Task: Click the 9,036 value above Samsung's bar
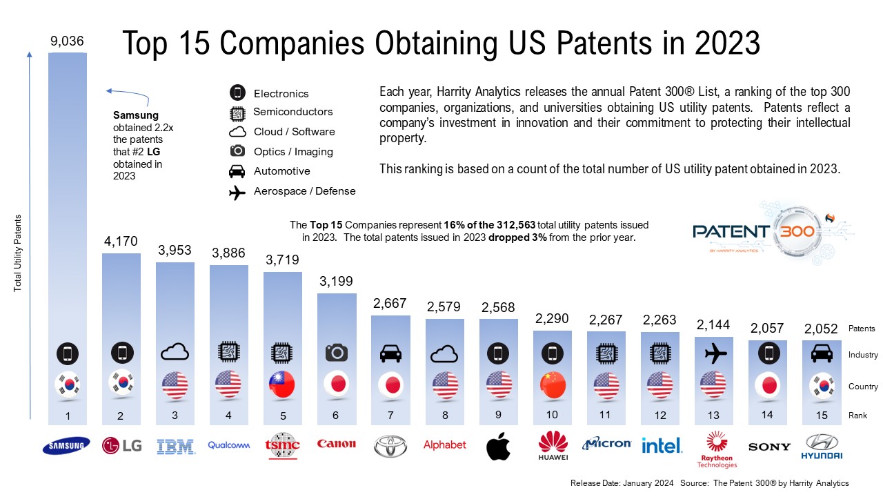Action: click(x=67, y=42)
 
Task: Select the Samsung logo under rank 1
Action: click(x=67, y=446)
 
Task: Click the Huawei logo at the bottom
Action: click(x=553, y=446)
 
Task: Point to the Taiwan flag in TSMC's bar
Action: click(x=282, y=384)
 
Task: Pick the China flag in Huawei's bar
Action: click(x=553, y=385)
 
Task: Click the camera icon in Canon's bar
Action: click(x=336, y=353)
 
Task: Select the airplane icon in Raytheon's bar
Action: click(x=713, y=353)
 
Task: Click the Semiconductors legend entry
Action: click(x=292, y=112)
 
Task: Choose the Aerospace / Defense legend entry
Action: click(x=304, y=191)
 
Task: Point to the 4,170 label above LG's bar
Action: click(x=121, y=242)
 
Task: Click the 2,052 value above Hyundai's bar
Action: click(x=821, y=329)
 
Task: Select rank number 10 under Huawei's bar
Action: click(x=552, y=415)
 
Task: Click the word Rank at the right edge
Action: click(x=857, y=416)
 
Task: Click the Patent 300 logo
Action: click(x=753, y=231)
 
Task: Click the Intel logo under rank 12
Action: click(x=662, y=446)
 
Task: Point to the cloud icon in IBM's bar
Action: click(x=175, y=353)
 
